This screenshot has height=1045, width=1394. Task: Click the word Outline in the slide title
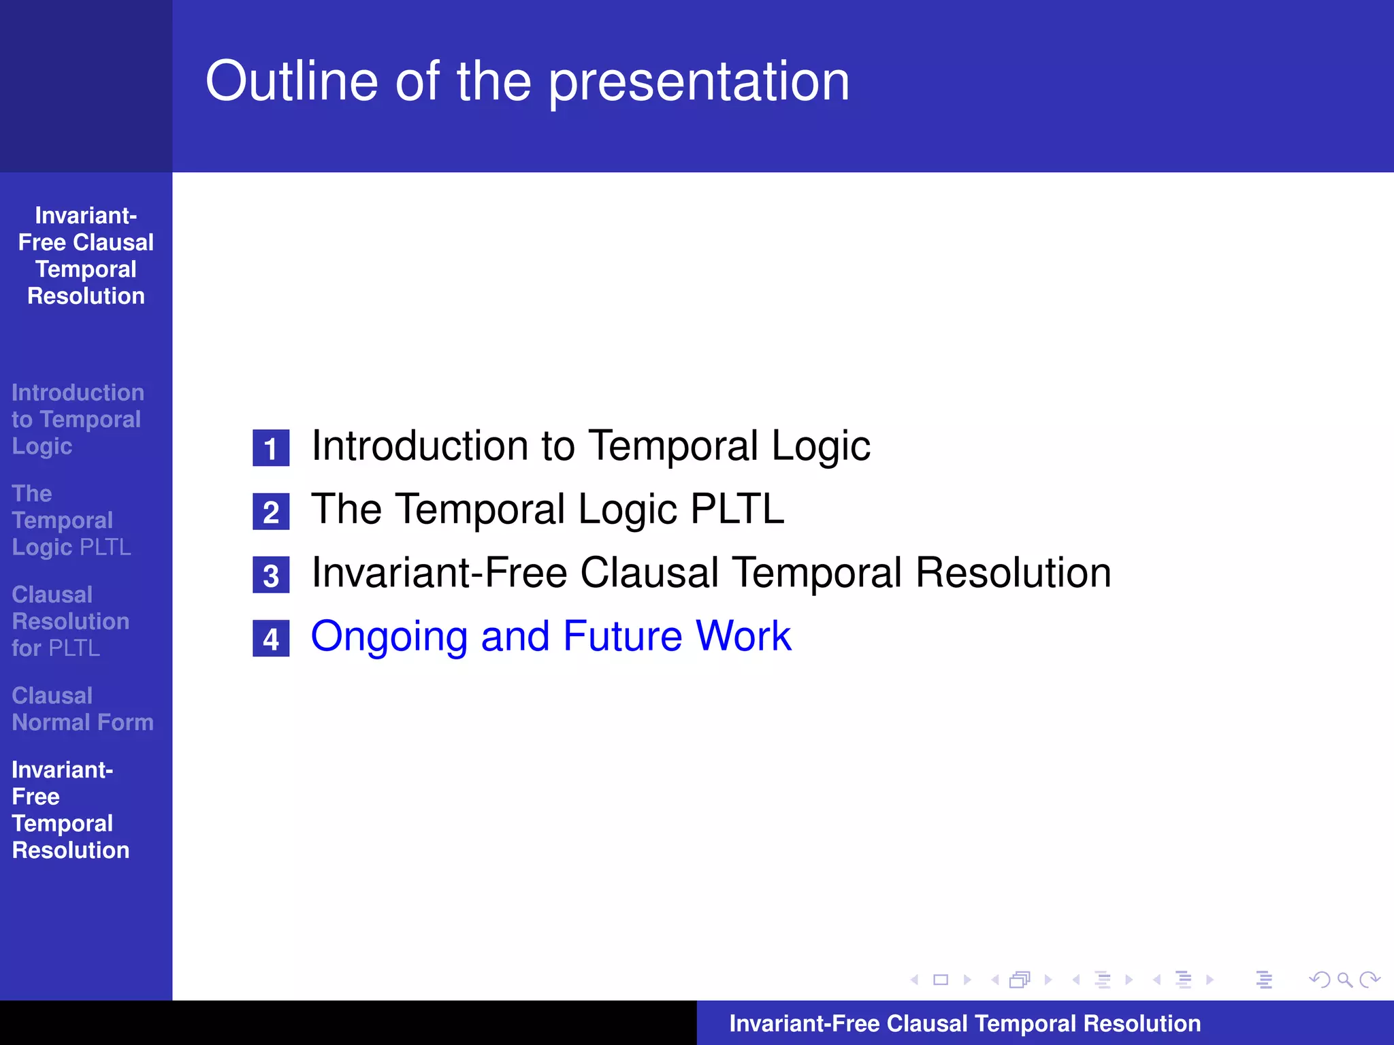coord(291,82)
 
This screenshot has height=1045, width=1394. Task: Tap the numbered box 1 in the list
coord(271,448)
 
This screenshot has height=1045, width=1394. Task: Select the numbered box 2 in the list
coord(271,512)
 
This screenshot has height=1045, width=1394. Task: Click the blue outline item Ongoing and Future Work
coord(551,636)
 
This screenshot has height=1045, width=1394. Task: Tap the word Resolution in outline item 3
coord(1013,573)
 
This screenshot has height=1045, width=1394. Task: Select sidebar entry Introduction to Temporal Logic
coord(77,419)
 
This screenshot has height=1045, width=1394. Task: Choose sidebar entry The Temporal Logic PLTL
coord(71,520)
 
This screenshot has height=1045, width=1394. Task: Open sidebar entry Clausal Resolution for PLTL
coord(70,621)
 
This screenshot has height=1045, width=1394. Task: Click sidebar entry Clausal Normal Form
coord(82,709)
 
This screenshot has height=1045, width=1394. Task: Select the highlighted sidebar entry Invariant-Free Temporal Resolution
coord(70,810)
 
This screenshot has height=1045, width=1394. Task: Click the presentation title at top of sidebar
coord(86,256)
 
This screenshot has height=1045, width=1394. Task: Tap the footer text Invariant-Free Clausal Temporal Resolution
coord(965,1023)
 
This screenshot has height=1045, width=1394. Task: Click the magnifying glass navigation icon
coord(1344,980)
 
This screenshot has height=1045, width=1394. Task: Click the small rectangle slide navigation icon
coord(941,980)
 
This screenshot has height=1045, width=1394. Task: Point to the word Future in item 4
coord(622,636)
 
